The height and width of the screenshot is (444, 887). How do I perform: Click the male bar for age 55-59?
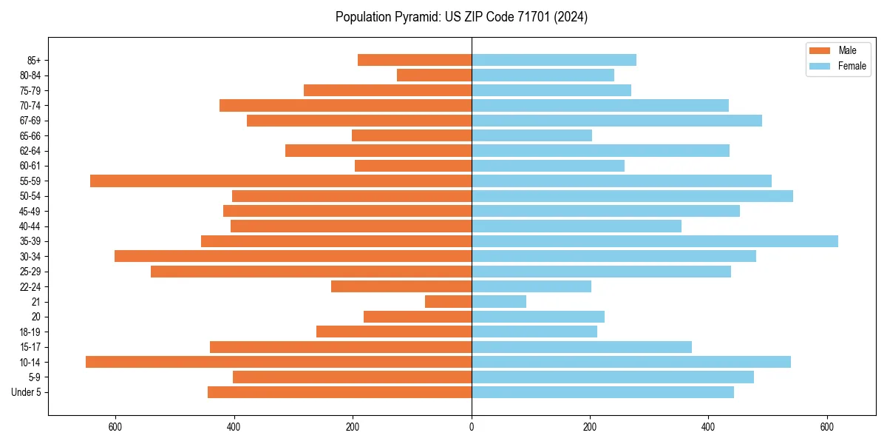point(281,181)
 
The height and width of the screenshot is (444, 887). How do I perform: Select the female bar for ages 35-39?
point(655,241)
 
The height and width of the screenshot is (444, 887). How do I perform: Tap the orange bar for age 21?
point(449,302)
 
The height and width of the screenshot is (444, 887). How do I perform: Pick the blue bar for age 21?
point(499,302)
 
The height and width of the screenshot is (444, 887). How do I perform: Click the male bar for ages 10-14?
point(279,362)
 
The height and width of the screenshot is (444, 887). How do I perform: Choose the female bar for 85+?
point(554,60)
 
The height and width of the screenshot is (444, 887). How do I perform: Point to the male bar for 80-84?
point(434,75)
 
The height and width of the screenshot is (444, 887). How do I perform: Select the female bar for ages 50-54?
point(632,196)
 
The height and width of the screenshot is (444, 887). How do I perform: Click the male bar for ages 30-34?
point(293,256)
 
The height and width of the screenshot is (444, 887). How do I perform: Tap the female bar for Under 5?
point(602,392)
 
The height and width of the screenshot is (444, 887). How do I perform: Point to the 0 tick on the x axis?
point(472,427)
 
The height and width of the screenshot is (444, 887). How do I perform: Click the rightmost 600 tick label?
point(827,427)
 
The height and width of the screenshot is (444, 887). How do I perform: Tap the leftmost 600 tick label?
point(115,427)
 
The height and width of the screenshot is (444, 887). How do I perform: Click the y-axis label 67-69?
point(30,121)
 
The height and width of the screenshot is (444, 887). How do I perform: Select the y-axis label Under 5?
point(27,392)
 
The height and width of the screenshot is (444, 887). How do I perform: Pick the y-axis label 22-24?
point(30,286)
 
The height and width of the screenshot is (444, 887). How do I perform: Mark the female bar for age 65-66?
point(531,135)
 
